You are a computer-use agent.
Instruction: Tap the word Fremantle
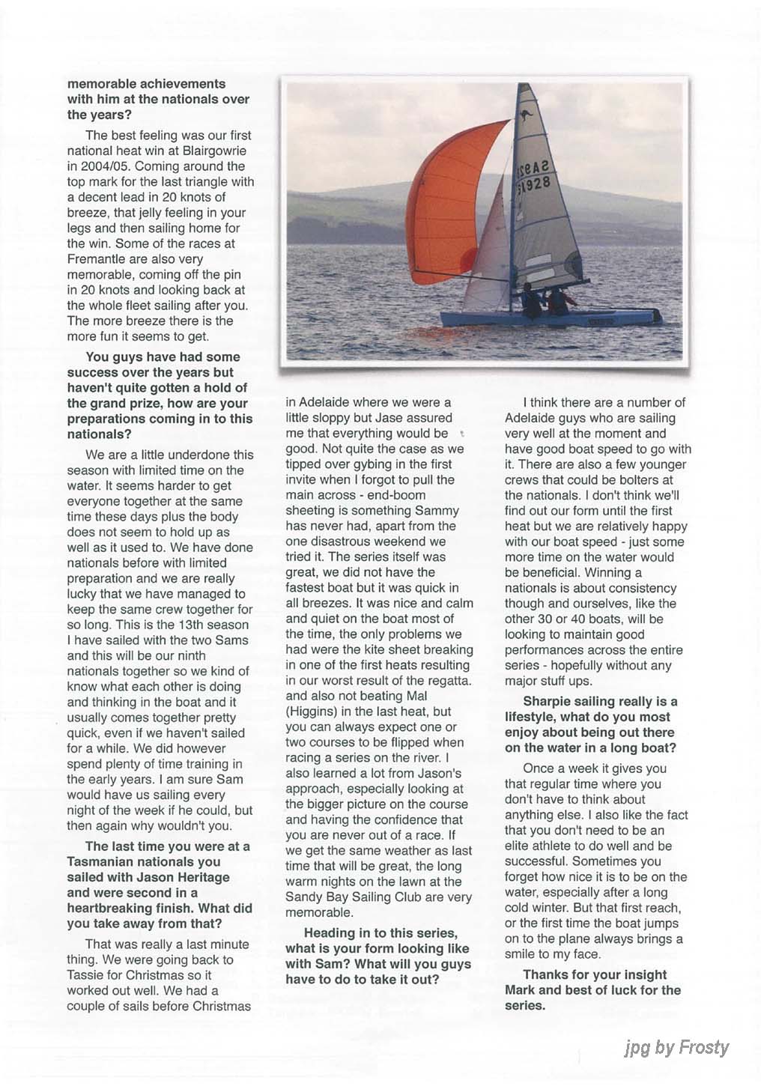click(100, 259)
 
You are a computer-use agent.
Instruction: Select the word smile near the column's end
click(521, 954)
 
